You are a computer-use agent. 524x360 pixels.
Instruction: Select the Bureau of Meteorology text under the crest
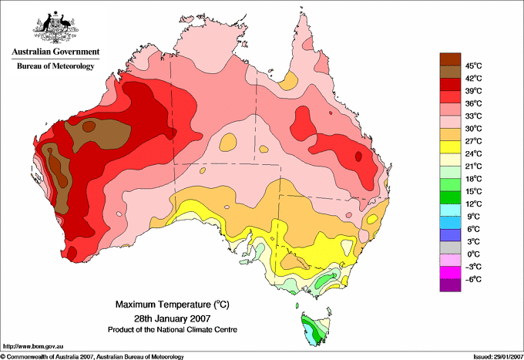point(55,66)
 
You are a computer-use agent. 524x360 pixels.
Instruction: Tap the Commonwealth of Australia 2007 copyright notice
point(92,356)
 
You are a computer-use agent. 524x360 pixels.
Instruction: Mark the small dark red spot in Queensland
point(358,156)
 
